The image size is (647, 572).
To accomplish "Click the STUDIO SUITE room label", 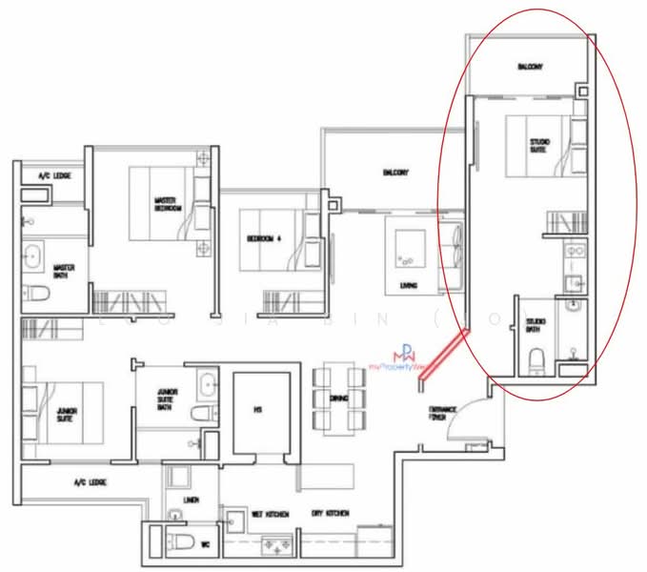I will pyautogui.click(x=540, y=146).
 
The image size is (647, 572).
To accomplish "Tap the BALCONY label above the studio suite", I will pyautogui.click(x=530, y=67).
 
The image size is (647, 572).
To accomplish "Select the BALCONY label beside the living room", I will pyautogui.click(x=395, y=173).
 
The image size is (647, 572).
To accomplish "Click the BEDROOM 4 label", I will pyautogui.click(x=261, y=238).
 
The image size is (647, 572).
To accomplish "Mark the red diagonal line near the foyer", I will pyautogui.click(x=444, y=355).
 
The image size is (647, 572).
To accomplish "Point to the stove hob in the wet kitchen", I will pyautogui.click(x=278, y=545).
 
